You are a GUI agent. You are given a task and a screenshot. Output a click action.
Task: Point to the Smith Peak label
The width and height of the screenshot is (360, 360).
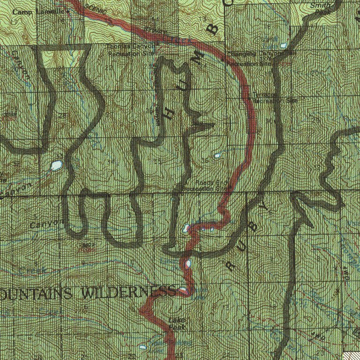[322, 8]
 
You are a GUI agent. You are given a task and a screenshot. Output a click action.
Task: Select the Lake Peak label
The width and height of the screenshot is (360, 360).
[177, 324]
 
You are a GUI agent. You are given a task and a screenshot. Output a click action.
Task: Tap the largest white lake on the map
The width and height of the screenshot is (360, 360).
[56, 165]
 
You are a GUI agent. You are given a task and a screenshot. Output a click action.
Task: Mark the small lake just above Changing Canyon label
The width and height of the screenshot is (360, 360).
[284, 45]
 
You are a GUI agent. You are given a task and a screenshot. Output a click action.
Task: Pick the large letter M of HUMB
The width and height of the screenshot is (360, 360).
[199, 60]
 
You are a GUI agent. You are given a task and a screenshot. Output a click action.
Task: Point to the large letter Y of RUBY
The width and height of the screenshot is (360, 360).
[266, 207]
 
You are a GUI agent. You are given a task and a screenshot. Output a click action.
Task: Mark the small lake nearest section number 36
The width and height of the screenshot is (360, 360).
[217, 155]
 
